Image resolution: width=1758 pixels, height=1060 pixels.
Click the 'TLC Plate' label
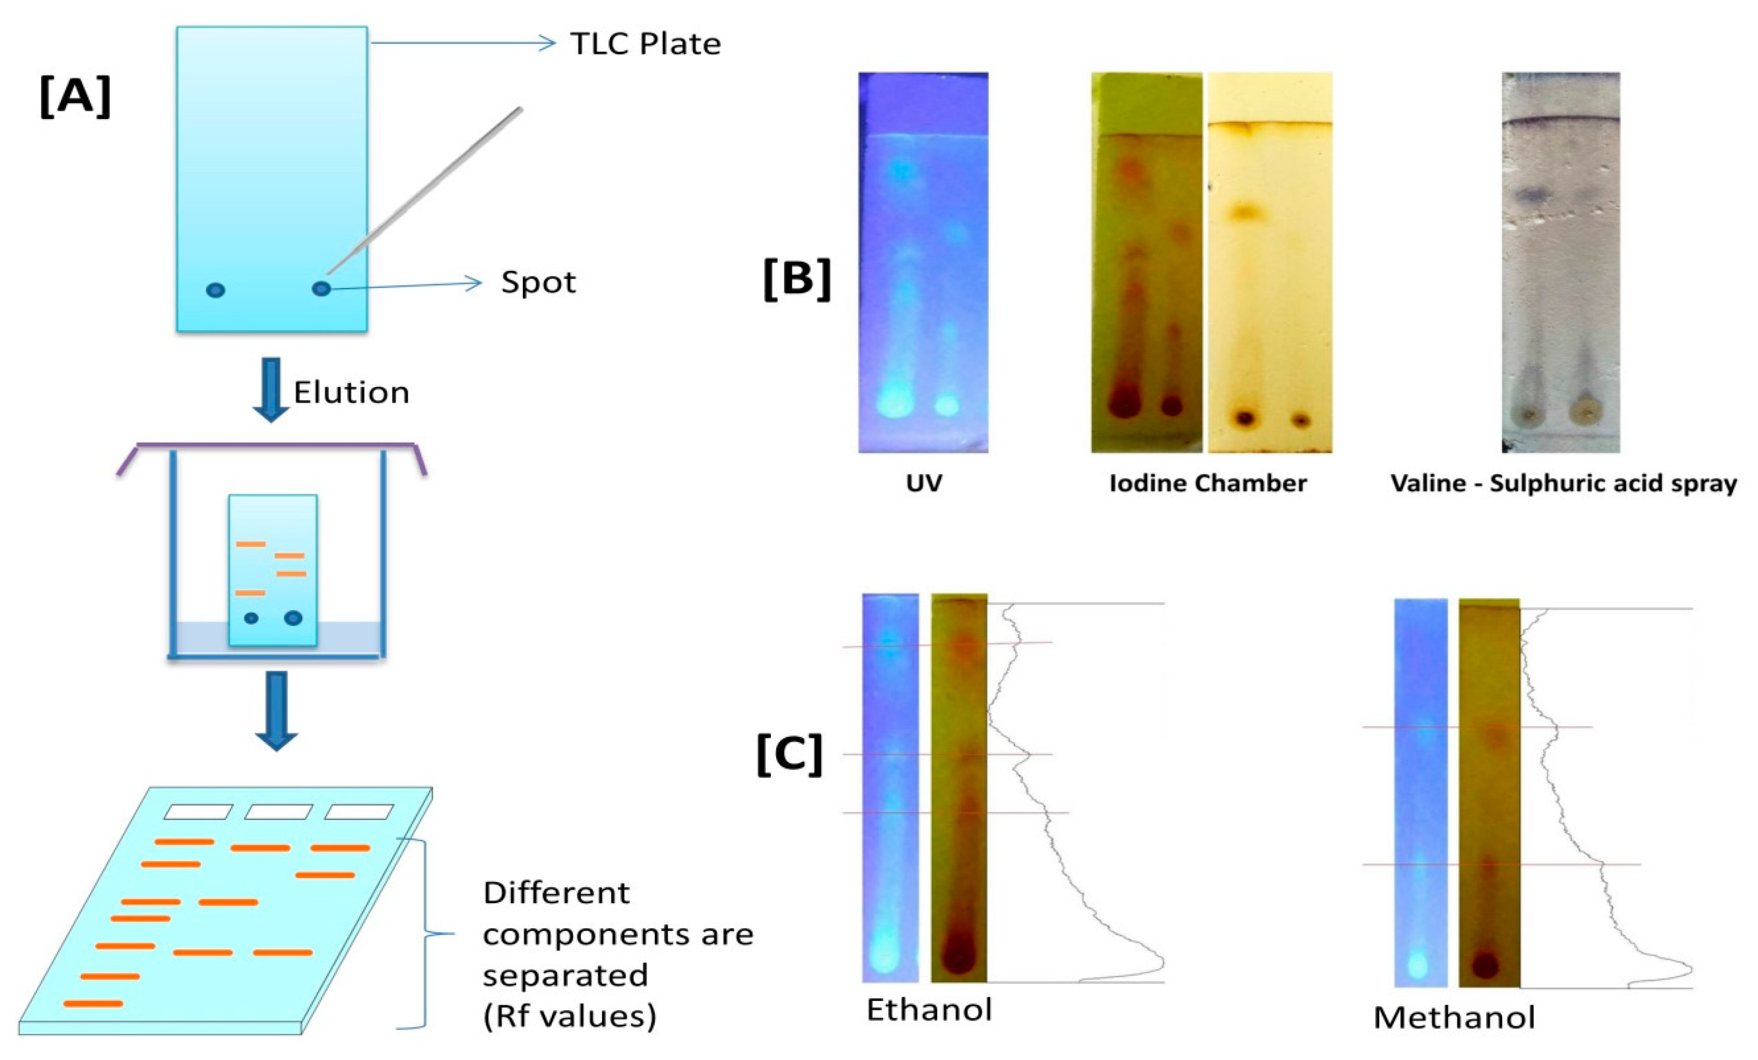click(645, 44)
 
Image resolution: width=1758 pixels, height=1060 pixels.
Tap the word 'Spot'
click(538, 283)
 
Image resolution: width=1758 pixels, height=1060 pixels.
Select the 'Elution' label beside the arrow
click(351, 392)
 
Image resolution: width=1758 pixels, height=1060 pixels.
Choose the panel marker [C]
click(789, 755)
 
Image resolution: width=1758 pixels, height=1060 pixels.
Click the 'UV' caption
click(924, 483)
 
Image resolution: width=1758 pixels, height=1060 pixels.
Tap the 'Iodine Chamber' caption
click(1208, 483)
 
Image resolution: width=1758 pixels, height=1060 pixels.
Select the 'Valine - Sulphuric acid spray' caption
click(1563, 483)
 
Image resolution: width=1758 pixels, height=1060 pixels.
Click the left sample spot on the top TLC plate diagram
click(216, 290)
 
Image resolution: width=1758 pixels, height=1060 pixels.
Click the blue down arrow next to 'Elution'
click(271, 389)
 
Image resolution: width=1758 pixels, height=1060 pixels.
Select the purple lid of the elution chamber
click(271, 446)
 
